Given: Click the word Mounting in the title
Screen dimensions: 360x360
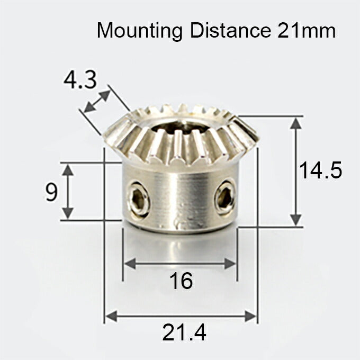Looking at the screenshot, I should coord(139,30).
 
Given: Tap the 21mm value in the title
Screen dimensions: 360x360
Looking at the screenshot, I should coord(306,30).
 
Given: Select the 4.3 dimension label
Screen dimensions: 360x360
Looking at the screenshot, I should coord(80,81).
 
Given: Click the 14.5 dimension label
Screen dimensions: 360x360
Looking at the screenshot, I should coord(320,171).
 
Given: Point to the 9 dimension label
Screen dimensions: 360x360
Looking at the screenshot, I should coord(51,192).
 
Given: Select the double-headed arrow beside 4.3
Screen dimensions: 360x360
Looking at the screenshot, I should coord(97,101).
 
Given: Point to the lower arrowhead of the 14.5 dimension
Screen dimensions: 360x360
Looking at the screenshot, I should coord(296,220).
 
